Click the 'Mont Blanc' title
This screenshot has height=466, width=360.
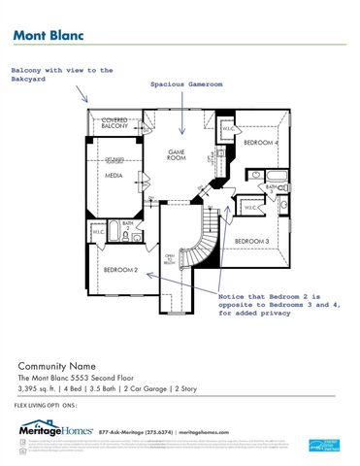point(48,34)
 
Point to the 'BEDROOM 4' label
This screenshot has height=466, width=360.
point(260,144)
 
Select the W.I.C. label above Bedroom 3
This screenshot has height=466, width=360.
point(249,208)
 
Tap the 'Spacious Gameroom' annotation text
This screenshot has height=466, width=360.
point(186,84)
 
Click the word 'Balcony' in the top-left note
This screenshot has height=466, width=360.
point(29,70)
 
